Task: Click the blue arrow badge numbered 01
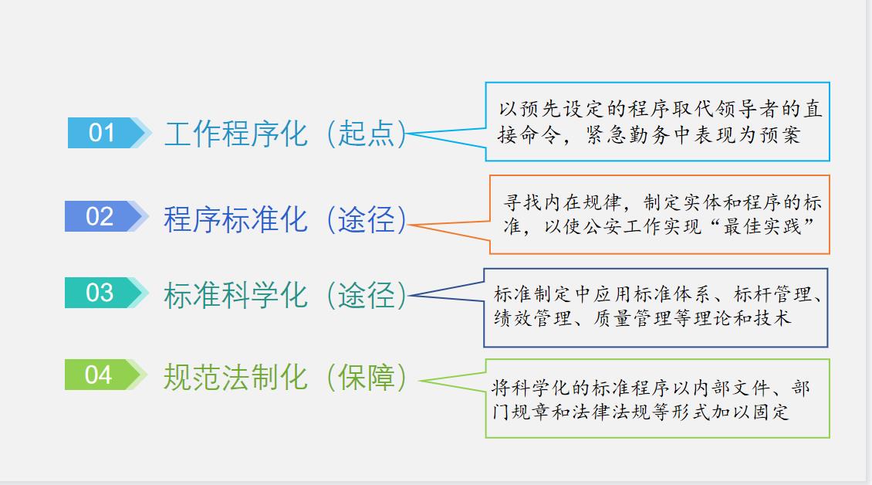(104, 133)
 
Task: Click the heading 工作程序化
(236, 134)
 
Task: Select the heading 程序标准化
(235, 219)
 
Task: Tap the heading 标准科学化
(235, 296)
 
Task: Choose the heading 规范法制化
(235, 377)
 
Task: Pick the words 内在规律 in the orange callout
(580, 204)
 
